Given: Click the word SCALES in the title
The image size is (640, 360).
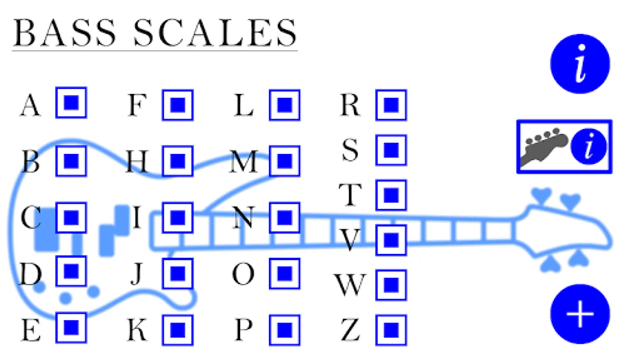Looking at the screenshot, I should pyautogui.click(x=215, y=33).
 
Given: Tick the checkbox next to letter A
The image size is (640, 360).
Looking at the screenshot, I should pyautogui.click(x=71, y=103).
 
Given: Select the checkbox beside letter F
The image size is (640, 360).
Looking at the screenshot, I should pyautogui.click(x=178, y=105).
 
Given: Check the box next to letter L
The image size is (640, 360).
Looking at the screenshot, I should pyautogui.click(x=284, y=105).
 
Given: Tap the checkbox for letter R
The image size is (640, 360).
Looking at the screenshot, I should pyautogui.click(x=391, y=105).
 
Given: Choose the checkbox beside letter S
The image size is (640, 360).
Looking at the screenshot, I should pyautogui.click(x=391, y=150).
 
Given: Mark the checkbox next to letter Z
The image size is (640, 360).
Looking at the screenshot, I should pyautogui.click(x=391, y=330).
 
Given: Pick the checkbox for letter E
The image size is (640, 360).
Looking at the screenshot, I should pyautogui.click(x=71, y=328).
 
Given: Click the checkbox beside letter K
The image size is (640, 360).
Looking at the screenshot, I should pyautogui.click(x=178, y=330).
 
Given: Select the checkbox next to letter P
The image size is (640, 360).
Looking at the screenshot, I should pyautogui.click(x=284, y=330).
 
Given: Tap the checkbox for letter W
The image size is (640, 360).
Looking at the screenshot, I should pyautogui.click(x=391, y=285).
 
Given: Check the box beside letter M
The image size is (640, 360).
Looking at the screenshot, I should pyautogui.click(x=284, y=161).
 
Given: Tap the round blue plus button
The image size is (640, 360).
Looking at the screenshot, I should pyautogui.click(x=580, y=314).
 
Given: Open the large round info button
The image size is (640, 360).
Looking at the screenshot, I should pyautogui.click(x=580, y=64).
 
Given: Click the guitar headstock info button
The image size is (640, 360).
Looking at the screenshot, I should pyautogui.click(x=564, y=147).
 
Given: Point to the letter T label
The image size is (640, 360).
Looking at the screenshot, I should pyautogui.click(x=350, y=195).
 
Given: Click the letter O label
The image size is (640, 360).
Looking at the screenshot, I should pyautogui.click(x=243, y=274).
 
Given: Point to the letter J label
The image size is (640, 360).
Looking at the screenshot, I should pyautogui.click(x=137, y=274).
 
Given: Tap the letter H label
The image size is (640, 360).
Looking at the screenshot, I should pyautogui.click(x=137, y=161).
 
